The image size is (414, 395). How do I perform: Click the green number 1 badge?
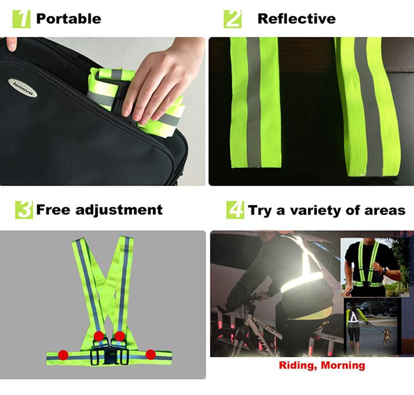[24, 19]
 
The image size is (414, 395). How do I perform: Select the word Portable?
[68, 19]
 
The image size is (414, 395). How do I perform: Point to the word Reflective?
[296, 19]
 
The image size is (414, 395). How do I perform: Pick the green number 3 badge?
[24, 210]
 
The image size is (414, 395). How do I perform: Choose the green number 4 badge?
[235, 210]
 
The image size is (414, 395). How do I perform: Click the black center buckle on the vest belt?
[109, 357]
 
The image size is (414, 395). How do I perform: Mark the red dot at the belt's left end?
[63, 355]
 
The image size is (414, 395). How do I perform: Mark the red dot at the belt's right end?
[151, 354]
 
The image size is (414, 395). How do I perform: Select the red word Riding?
[298, 365]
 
